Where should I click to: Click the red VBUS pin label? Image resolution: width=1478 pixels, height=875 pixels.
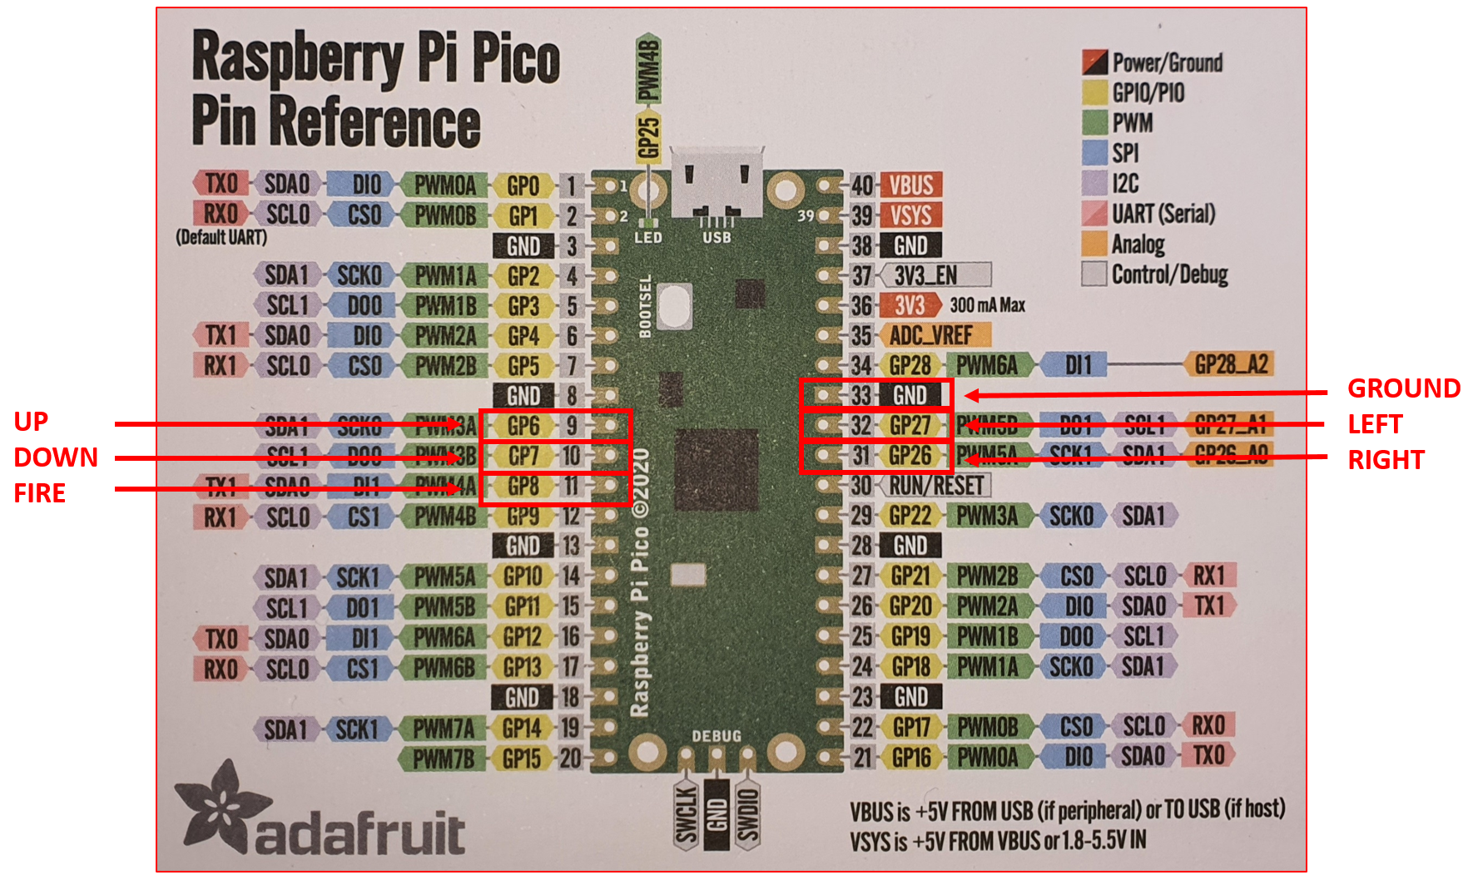(x=910, y=185)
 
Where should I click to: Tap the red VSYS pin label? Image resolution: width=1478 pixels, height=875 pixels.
(x=910, y=215)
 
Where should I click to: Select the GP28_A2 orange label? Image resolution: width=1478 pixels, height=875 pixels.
(x=1230, y=364)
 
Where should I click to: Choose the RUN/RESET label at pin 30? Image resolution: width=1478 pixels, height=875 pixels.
(x=935, y=486)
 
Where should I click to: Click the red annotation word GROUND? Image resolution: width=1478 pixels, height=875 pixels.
(x=1403, y=388)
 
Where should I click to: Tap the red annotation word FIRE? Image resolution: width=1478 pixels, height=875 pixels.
(x=39, y=493)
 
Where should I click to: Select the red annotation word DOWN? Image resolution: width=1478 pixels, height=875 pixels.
(x=55, y=457)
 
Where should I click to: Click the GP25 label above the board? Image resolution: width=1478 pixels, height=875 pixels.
(x=648, y=137)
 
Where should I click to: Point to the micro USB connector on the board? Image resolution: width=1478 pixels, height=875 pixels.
(x=717, y=183)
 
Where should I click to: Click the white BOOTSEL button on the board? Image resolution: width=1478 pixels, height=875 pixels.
(x=675, y=305)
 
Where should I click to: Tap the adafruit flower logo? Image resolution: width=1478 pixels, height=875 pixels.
(x=220, y=806)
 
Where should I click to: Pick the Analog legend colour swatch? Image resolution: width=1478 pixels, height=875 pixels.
(x=1094, y=245)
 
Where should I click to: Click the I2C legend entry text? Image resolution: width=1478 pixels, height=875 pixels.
(x=1125, y=184)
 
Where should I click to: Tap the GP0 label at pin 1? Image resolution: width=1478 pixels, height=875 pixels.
(x=523, y=185)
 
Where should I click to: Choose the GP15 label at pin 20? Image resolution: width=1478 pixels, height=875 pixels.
(x=522, y=759)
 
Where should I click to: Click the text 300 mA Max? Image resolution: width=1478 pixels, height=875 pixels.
(x=987, y=305)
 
